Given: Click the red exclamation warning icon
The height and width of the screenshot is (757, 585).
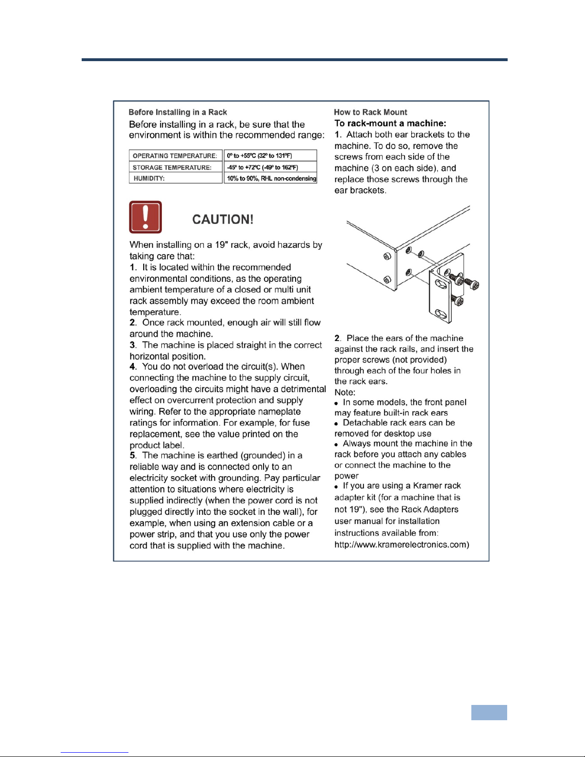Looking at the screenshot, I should click(146, 217).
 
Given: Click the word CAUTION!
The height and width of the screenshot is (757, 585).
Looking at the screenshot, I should click(223, 220).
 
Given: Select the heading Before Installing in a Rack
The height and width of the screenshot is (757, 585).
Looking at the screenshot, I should click(178, 112).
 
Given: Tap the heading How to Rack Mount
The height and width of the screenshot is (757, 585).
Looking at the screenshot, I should click(370, 112).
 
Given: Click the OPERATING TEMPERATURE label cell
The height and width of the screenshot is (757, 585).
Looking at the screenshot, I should click(175, 156).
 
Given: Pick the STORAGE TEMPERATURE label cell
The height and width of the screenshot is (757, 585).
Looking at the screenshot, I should click(172, 167).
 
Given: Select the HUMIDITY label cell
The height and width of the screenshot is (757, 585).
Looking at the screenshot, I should click(149, 178).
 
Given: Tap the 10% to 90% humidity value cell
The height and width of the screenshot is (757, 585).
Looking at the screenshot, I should click(271, 178).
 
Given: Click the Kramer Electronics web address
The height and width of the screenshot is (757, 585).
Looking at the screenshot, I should click(402, 544).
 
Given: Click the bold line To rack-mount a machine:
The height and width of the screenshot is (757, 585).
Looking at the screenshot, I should click(390, 123).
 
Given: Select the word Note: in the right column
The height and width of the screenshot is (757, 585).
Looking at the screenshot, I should click(345, 392).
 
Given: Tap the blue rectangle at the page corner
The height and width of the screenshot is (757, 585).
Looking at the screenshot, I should click(489, 712).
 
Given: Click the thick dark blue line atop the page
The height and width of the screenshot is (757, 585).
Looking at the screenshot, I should click(294, 60).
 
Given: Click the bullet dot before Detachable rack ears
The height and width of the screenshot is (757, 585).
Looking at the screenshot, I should click(336, 424).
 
